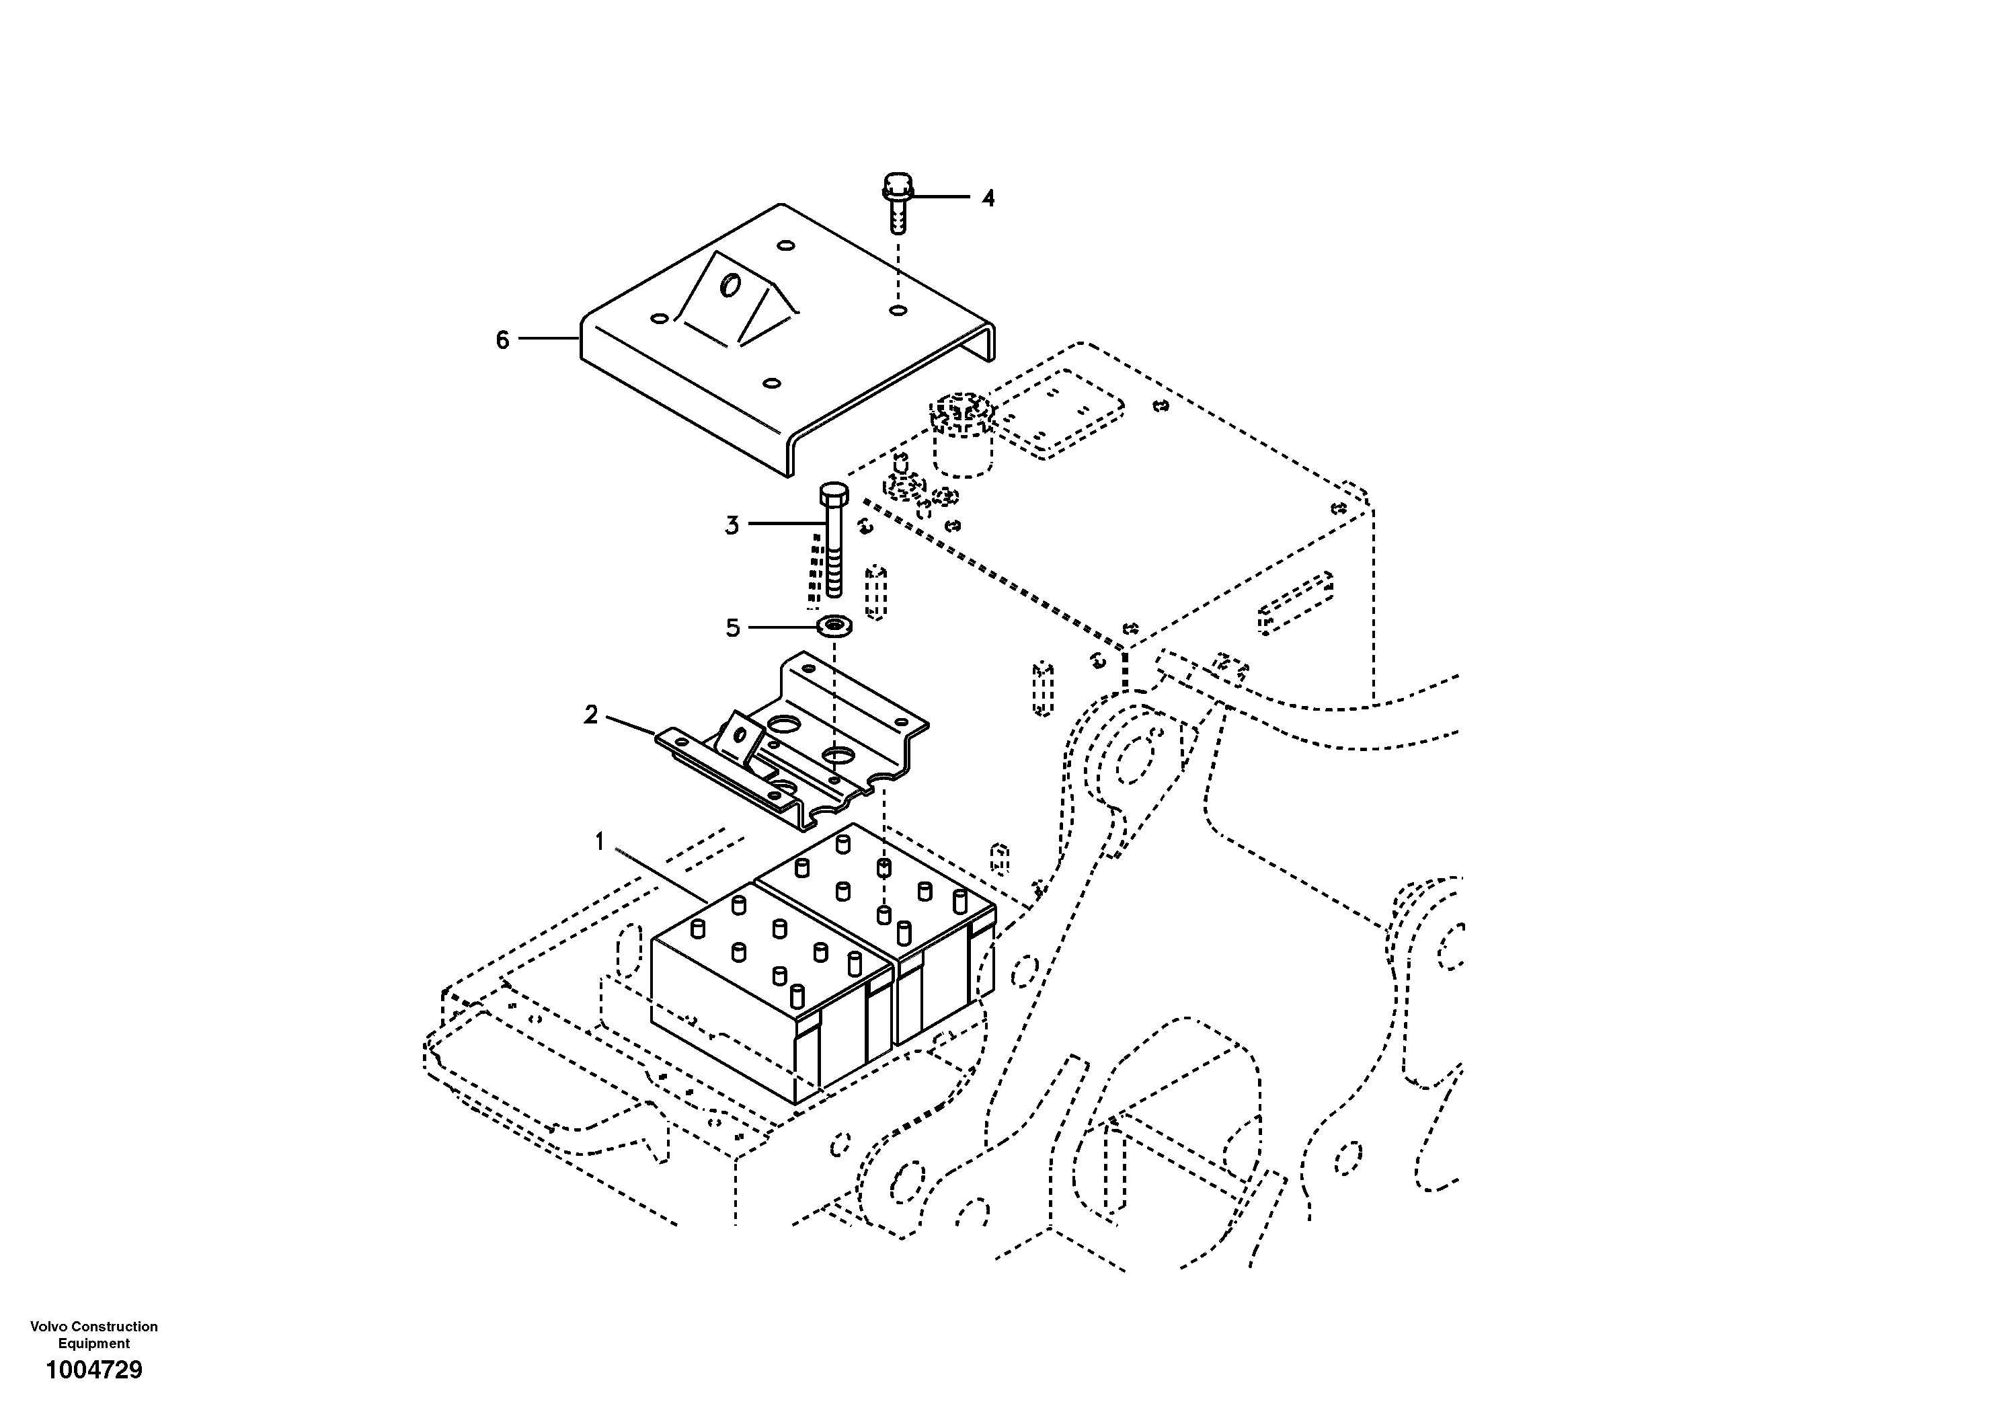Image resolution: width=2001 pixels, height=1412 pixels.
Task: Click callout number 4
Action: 988,199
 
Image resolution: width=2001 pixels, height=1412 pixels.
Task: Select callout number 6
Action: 502,340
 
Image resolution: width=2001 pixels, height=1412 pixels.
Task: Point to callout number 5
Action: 733,627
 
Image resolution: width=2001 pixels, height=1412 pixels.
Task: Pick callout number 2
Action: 591,715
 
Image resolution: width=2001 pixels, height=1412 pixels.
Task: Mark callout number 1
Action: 600,842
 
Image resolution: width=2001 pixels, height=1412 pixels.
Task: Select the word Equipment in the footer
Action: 93,1343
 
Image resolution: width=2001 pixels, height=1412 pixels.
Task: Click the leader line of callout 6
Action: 549,338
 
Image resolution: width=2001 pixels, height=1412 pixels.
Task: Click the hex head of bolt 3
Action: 833,496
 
